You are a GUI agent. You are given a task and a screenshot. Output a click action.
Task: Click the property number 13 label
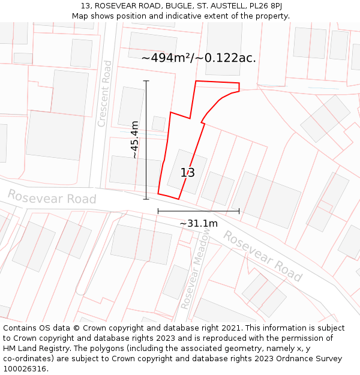[x=188, y=173]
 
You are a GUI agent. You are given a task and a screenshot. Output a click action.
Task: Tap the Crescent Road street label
[x=105, y=94]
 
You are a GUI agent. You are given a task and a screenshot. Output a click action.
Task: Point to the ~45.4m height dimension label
[x=135, y=140]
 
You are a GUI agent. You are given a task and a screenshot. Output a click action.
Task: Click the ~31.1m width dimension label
[x=199, y=224]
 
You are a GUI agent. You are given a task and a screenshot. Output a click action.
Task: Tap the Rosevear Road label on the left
[x=52, y=197]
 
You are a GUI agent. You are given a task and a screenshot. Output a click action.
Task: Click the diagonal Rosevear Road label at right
[x=262, y=256]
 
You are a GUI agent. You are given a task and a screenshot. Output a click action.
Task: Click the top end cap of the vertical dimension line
[x=146, y=81]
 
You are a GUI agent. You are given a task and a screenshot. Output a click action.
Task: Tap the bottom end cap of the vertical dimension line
[x=146, y=199]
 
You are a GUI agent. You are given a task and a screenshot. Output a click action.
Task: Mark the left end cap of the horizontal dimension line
[x=158, y=211]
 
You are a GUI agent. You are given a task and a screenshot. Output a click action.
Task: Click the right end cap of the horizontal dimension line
[x=239, y=211]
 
